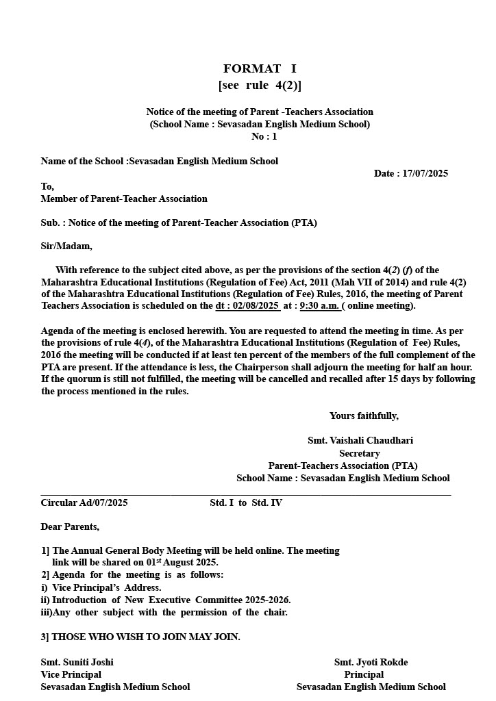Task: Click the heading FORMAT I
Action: [260, 68]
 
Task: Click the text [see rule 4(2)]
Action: [260, 86]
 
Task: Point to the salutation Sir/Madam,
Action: [66, 246]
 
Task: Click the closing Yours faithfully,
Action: [364, 416]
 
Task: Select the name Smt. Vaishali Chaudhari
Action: [360, 440]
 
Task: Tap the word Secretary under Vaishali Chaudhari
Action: [360, 453]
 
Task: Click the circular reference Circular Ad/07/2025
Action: [84, 502]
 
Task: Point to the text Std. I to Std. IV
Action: [246, 502]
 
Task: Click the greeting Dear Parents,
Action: [70, 526]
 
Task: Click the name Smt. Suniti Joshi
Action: [77, 662]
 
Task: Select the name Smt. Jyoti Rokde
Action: [371, 662]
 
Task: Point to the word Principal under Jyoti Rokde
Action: [364, 674]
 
